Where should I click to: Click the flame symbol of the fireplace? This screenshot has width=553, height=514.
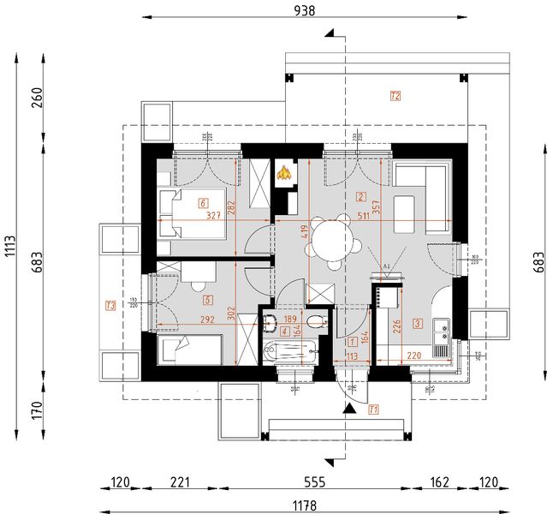pos(284,173)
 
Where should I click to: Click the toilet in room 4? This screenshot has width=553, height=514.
pos(318,322)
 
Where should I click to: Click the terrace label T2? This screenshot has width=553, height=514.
pos(395,96)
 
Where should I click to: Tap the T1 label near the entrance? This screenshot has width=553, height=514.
pos(373,409)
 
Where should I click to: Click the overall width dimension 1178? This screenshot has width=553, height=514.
pos(304,505)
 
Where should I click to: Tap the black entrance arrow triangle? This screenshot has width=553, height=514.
pos(348,409)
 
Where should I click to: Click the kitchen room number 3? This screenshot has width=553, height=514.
pos(417,323)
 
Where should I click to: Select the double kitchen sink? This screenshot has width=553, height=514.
pos(443,328)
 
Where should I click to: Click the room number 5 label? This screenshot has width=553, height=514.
pos(207,300)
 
